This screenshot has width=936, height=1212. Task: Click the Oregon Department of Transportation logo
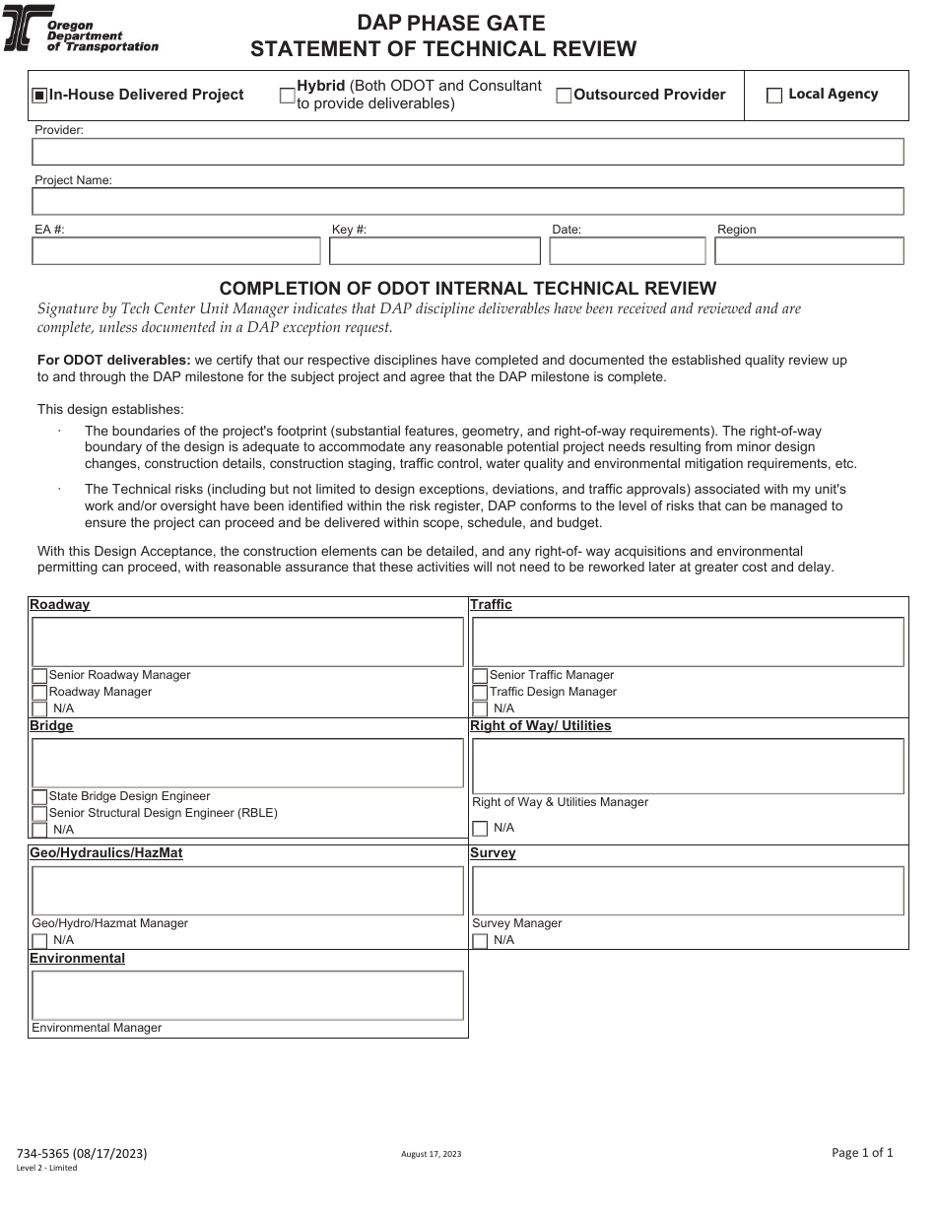click(x=82, y=31)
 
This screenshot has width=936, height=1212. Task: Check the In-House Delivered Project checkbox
click(x=39, y=96)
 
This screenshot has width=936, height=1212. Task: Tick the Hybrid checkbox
click(x=288, y=96)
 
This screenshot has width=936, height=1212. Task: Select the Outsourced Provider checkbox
click(x=565, y=96)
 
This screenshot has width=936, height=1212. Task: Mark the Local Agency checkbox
click(x=774, y=96)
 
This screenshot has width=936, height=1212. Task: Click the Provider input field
click(x=467, y=152)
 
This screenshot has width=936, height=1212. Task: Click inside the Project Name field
click(x=467, y=202)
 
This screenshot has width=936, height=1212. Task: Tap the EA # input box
click(x=176, y=251)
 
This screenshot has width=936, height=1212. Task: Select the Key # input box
click(x=435, y=251)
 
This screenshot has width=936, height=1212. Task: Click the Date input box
click(x=628, y=251)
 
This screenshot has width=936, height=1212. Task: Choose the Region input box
click(x=809, y=251)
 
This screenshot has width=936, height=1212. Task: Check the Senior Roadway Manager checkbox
click(x=40, y=676)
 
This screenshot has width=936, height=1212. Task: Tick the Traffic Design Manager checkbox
click(x=481, y=693)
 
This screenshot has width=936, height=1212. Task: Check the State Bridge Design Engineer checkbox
click(x=40, y=797)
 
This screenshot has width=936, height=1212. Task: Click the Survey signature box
click(x=688, y=891)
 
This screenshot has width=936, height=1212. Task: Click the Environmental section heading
click(x=78, y=959)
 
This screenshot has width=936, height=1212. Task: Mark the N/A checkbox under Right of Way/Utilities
click(x=481, y=829)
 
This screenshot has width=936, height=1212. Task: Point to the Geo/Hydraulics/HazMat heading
click(x=106, y=853)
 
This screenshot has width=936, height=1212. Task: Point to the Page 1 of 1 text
click(x=862, y=1152)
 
